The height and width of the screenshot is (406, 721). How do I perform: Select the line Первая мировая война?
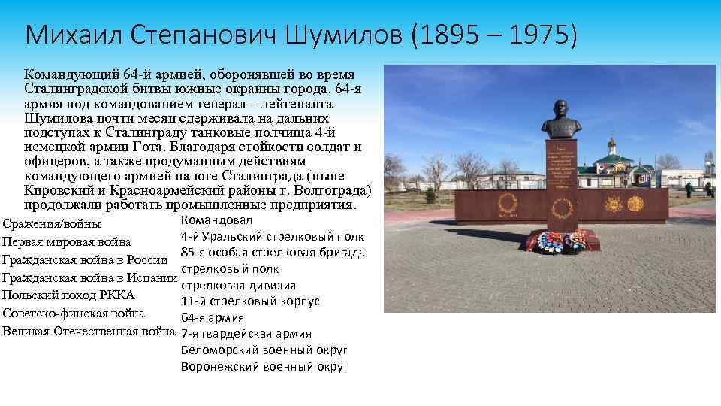pos(67,242)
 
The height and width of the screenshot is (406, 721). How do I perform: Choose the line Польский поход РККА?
pos(69,295)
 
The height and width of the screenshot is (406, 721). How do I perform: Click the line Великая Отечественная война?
pos(89,332)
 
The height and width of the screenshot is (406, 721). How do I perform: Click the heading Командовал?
pos(217,220)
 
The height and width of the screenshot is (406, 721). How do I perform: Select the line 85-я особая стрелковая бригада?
pos(273,252)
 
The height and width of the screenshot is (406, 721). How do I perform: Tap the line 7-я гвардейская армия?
pos(246,334)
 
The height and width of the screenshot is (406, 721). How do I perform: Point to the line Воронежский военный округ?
pos(264,366)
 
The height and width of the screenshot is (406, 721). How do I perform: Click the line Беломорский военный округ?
pos(264,350)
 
